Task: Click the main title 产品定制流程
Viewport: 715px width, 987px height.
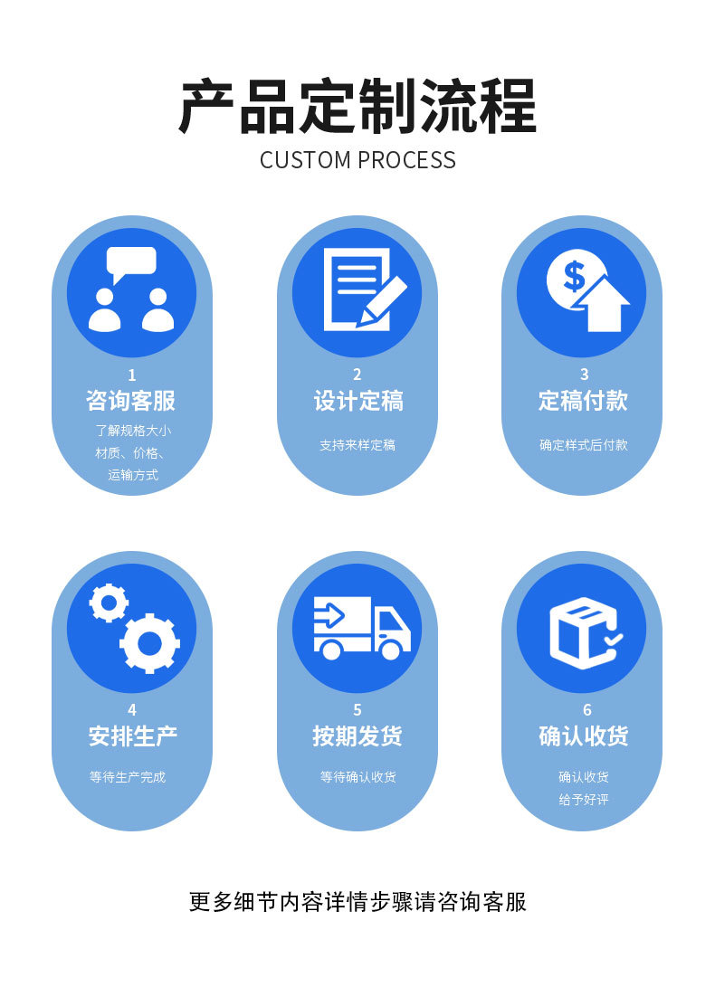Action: [x=357, y=107]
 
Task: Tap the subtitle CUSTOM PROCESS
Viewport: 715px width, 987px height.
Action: [x=357, y=160]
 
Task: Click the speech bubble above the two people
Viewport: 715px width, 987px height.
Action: [x=131, y=263]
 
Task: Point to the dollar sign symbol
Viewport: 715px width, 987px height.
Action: [x=573, y=275]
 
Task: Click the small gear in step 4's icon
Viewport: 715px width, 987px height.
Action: [x=109, y=603]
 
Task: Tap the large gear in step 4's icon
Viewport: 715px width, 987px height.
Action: [x=149, y=643]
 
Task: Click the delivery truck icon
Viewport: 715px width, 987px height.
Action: [x=361, y=627]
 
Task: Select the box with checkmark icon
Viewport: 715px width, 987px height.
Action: [x=584, y=631]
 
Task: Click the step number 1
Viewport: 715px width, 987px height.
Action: [x=132, y=375]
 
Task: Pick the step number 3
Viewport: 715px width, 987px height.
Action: [x=584, y=375]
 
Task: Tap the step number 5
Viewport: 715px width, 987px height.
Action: [x=357, y=710]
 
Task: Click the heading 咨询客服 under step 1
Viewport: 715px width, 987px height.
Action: [x=131, y=401]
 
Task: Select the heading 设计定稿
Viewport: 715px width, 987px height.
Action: [x=357, y=401]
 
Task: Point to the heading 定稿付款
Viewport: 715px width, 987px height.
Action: [x=583, y=401]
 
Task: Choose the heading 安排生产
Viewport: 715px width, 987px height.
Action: [x=131, y=736]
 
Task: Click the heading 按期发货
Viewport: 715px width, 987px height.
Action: [x=357, y=736]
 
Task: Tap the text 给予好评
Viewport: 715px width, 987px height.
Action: [x=584, y=800]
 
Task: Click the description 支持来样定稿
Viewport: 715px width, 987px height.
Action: [x=357, y=445]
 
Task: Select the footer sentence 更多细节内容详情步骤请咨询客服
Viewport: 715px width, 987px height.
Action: [x=357, y=902]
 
